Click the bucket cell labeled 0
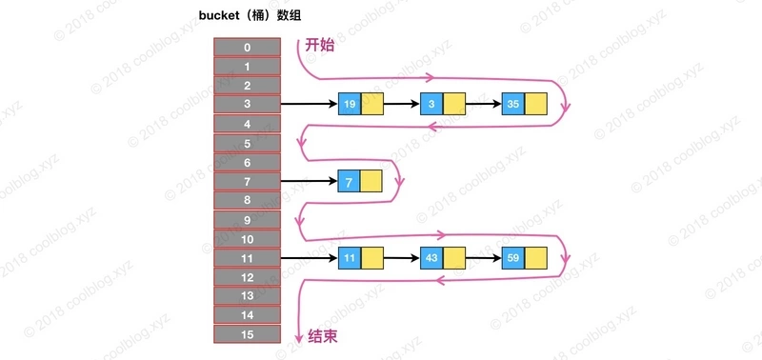tap(247, 47)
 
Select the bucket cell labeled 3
tap(247, 104)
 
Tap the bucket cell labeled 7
tap(247, 181)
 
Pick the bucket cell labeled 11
tap(247, 258)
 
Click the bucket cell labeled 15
tap(247, 334)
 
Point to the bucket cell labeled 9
tap(247, 219)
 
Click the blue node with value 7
tap(349, 181)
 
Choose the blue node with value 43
tap(431, 258)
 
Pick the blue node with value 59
tap(513, 258)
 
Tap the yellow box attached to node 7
tap(371, 181)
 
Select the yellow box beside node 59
tap(536, 258)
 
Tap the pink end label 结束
tap(323, 336)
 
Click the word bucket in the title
tap(221, 13)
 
